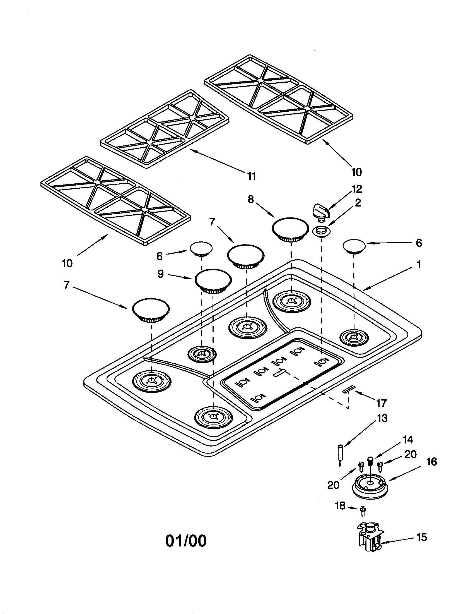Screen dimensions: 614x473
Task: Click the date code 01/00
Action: click(186, 541)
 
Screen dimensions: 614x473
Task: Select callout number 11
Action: click(251, 176)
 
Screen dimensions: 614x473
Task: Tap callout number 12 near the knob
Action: click(357, 189)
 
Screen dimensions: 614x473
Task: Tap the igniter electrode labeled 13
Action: click(341, 455)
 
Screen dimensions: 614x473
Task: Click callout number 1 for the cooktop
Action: click(419, 265)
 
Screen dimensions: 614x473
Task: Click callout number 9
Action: click(160, 274)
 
